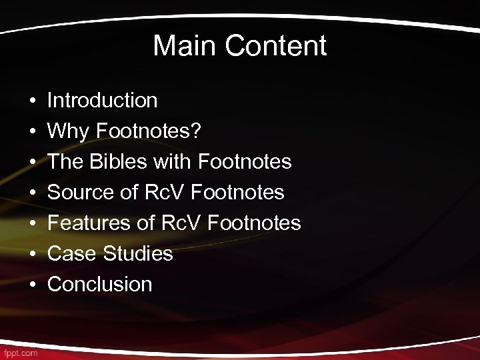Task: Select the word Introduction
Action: pos(103,101)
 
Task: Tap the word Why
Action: pos(69,131)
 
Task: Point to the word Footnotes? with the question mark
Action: pos(147,131)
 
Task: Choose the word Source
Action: pos(81,193)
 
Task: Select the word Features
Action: pos(89,223)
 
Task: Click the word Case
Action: pos(70,254)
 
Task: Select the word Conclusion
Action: pos(100,285)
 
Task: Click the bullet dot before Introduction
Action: pos(32,101)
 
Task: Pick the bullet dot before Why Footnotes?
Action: pos(32,132)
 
